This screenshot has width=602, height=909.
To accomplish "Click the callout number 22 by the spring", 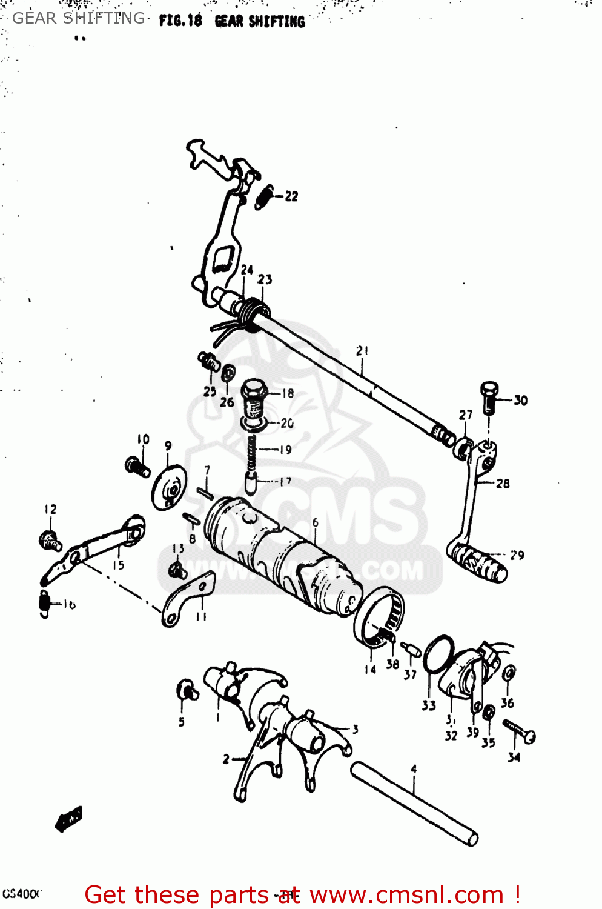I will (x=291, y=196).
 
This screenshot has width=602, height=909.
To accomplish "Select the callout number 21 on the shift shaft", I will (x=362, y=351).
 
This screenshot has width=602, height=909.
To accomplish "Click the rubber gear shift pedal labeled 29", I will (x=477, y=562).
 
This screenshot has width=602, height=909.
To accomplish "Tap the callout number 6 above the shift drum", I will (x=315, y=522).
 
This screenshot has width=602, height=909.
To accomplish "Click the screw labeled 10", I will (x=137, y=467).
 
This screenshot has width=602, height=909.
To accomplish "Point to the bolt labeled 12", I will (x=49, y=539).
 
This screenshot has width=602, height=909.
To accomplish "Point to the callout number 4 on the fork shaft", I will (x=414, y=769).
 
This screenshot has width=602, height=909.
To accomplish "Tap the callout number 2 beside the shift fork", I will (x=226, y=759).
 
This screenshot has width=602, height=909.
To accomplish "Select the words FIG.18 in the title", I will (x=180, y=21).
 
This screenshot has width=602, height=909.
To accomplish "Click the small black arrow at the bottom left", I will (x=68, y=819).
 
